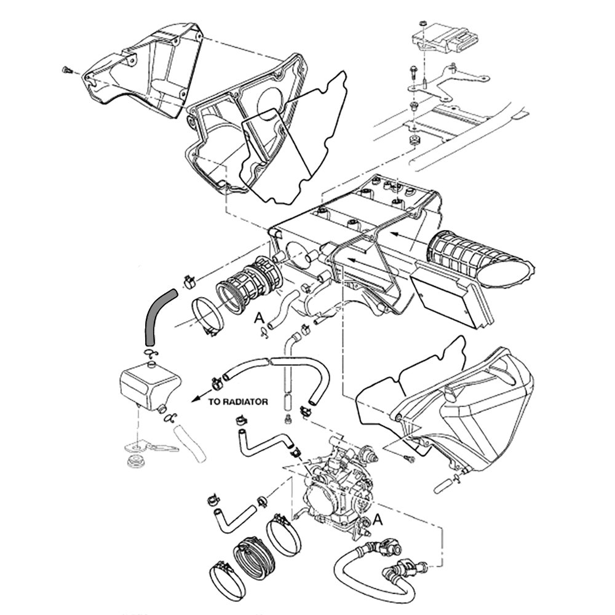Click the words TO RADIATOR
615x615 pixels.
click(237, 402)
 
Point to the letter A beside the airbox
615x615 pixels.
click(260, 317)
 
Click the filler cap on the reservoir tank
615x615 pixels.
click(150, 367)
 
